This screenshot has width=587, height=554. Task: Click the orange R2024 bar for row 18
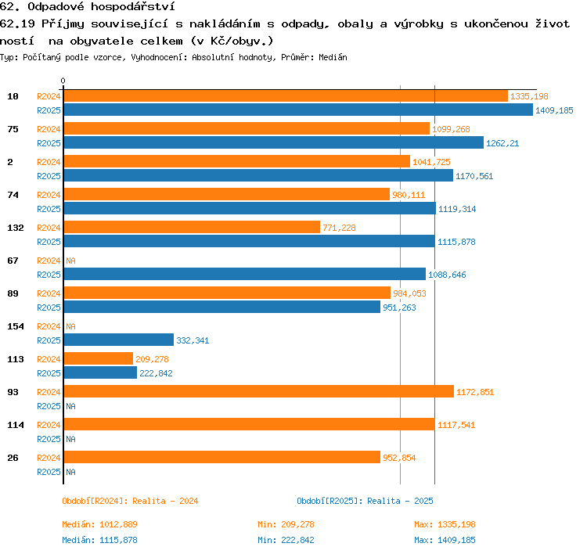click(x=286, y=95)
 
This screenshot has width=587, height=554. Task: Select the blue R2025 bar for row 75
click(x=274, y=142)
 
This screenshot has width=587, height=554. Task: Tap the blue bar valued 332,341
click(x=119, y=340)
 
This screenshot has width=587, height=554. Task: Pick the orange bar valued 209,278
click(x=99, y=358)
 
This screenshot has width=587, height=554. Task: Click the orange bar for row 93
click(x=259, y=391)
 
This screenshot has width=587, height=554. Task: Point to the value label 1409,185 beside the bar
click(x=554, y=110)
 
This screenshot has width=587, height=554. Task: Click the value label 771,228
click(x=339, y=228)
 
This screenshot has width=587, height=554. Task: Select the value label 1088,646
click(x=447, y=275)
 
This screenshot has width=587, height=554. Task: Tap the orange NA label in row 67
click(x=70, y=261)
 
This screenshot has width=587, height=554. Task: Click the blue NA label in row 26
click(x=70, y=473)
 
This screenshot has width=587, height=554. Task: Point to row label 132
click(x=16, y=228)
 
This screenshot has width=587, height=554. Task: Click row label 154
click(x=16, y=326)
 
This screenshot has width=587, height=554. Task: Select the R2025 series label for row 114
click(x=49, y=439)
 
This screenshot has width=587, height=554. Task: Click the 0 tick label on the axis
click(x=63, y=81)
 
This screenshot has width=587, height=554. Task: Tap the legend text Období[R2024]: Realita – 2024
click(x=130, y=502)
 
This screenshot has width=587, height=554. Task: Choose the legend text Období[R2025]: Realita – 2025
click(x=365, y=502)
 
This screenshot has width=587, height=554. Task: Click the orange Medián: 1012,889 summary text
click(x=99, y=524)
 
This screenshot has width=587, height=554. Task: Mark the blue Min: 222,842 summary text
click(x=286, y=540)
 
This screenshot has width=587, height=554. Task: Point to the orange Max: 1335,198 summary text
click(x=445, y=524)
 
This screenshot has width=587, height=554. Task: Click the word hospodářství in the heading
click(x=133, y=7)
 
